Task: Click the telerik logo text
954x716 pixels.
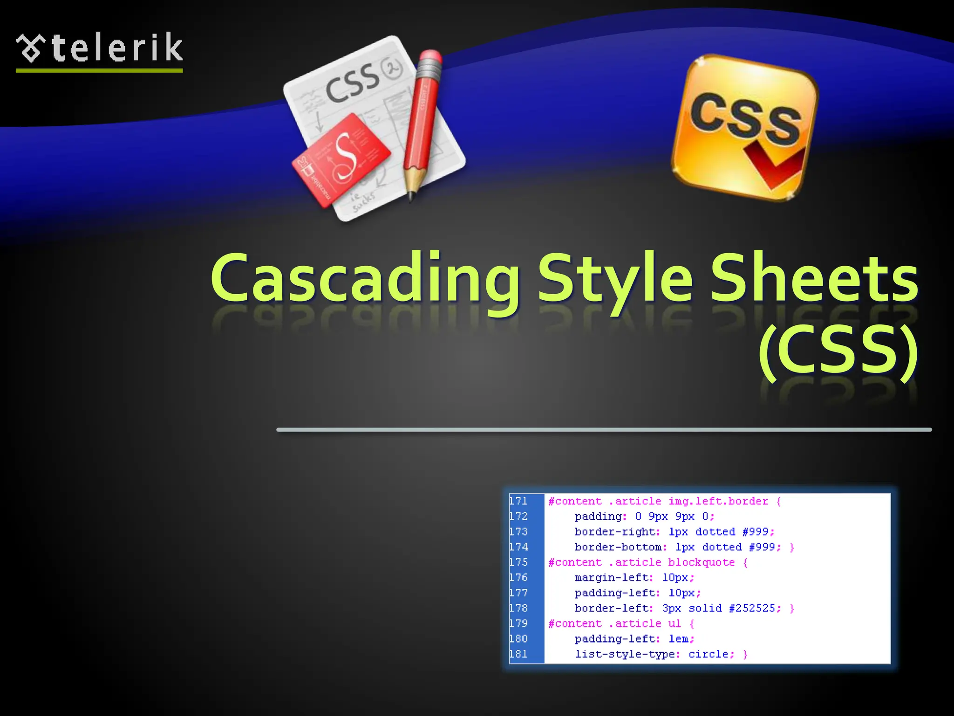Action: click(x=116, y=48)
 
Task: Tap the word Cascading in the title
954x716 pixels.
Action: click(x=365, y=279)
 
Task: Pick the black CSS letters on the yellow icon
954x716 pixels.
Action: click(x=745, y=117)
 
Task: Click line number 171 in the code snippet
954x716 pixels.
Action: click(x=518, y=501)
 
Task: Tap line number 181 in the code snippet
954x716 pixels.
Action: click(x=518, y=654)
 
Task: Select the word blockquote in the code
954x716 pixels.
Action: click(x=701, y=562)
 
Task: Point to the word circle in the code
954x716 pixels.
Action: click(x=708, y=654)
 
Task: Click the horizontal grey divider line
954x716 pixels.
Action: click(x=604, y=430)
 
